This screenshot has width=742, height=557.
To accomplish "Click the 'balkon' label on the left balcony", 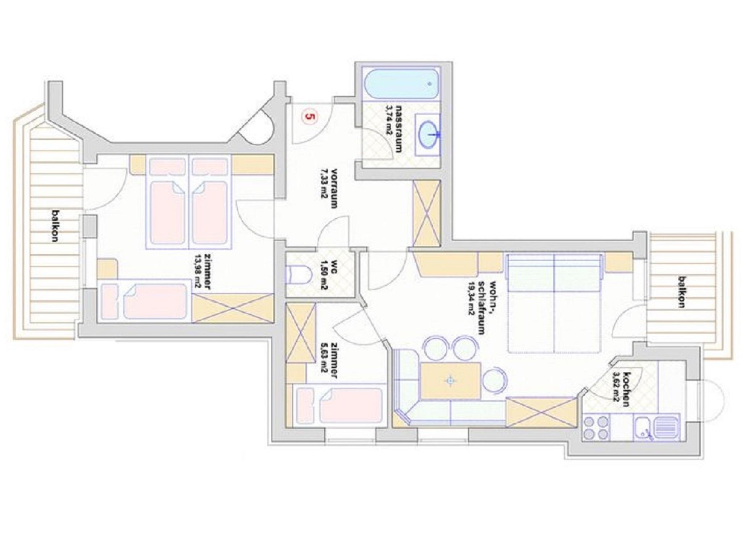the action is pos(55,225).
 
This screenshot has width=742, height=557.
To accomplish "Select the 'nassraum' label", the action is pos(400,129).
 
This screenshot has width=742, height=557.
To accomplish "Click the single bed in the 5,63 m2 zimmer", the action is pos(339,405).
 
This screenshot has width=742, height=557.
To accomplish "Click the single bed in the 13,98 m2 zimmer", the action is pos(145,301).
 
